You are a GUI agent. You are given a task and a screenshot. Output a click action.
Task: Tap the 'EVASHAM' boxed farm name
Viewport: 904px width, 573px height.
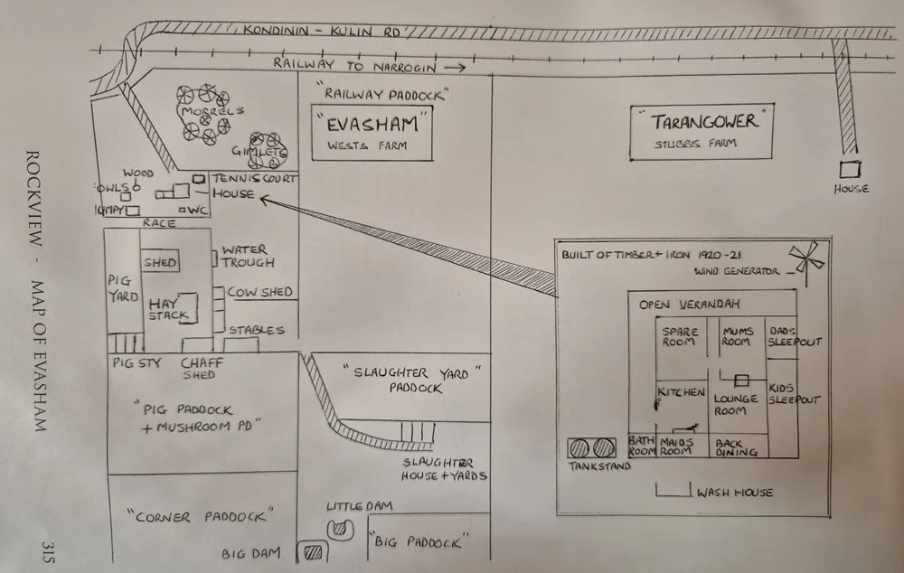click(372, 121)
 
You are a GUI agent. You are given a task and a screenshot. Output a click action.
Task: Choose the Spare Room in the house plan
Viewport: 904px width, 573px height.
click(680, 336)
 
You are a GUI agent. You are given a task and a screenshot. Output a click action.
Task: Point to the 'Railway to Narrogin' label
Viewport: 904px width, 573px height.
click(354, 64)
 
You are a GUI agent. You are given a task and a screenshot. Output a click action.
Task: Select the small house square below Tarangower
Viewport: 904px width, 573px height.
click(850, 169)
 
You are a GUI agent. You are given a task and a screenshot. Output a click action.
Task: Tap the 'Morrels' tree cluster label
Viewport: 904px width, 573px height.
click(202, 111)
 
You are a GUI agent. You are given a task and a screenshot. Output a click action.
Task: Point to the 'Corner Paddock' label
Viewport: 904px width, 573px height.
click(201, 516)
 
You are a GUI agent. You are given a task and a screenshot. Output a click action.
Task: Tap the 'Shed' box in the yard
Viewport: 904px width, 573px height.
click(160, 262)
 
